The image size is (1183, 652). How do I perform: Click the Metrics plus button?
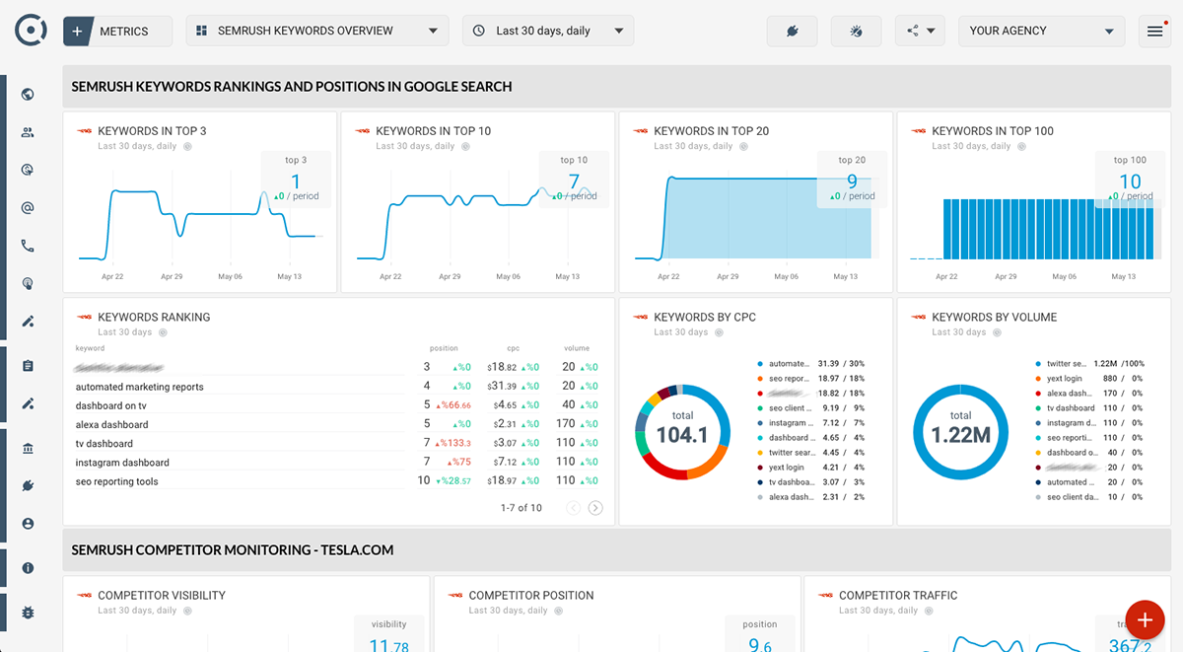coord(79,31)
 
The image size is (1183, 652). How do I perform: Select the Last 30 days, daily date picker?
coord(547,31)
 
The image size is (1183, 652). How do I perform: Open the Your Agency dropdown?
coord(1041,31)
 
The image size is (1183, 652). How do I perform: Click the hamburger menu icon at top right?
coord(1154,32)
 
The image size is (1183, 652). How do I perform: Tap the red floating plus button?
coord(1145,620)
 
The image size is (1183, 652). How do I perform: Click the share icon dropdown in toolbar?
coord(920,31)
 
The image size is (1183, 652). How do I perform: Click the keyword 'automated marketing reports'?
coord(140,387)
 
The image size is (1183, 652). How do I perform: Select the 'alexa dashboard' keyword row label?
coord(112,424)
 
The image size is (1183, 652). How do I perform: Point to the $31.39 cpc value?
coord(503,386)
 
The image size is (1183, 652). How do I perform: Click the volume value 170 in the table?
coord(566,424)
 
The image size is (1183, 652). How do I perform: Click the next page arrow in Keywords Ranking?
coord(595,508)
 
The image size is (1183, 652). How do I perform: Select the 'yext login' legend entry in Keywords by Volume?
coord(1064,379)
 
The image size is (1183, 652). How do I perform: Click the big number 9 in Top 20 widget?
coord(852,181)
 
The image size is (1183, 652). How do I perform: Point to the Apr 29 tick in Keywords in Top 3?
coord(172,277)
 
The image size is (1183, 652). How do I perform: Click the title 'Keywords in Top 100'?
coord(992,131)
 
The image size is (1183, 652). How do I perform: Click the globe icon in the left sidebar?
coord(28,95)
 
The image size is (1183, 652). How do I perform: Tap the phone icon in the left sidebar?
coord(28,246)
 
